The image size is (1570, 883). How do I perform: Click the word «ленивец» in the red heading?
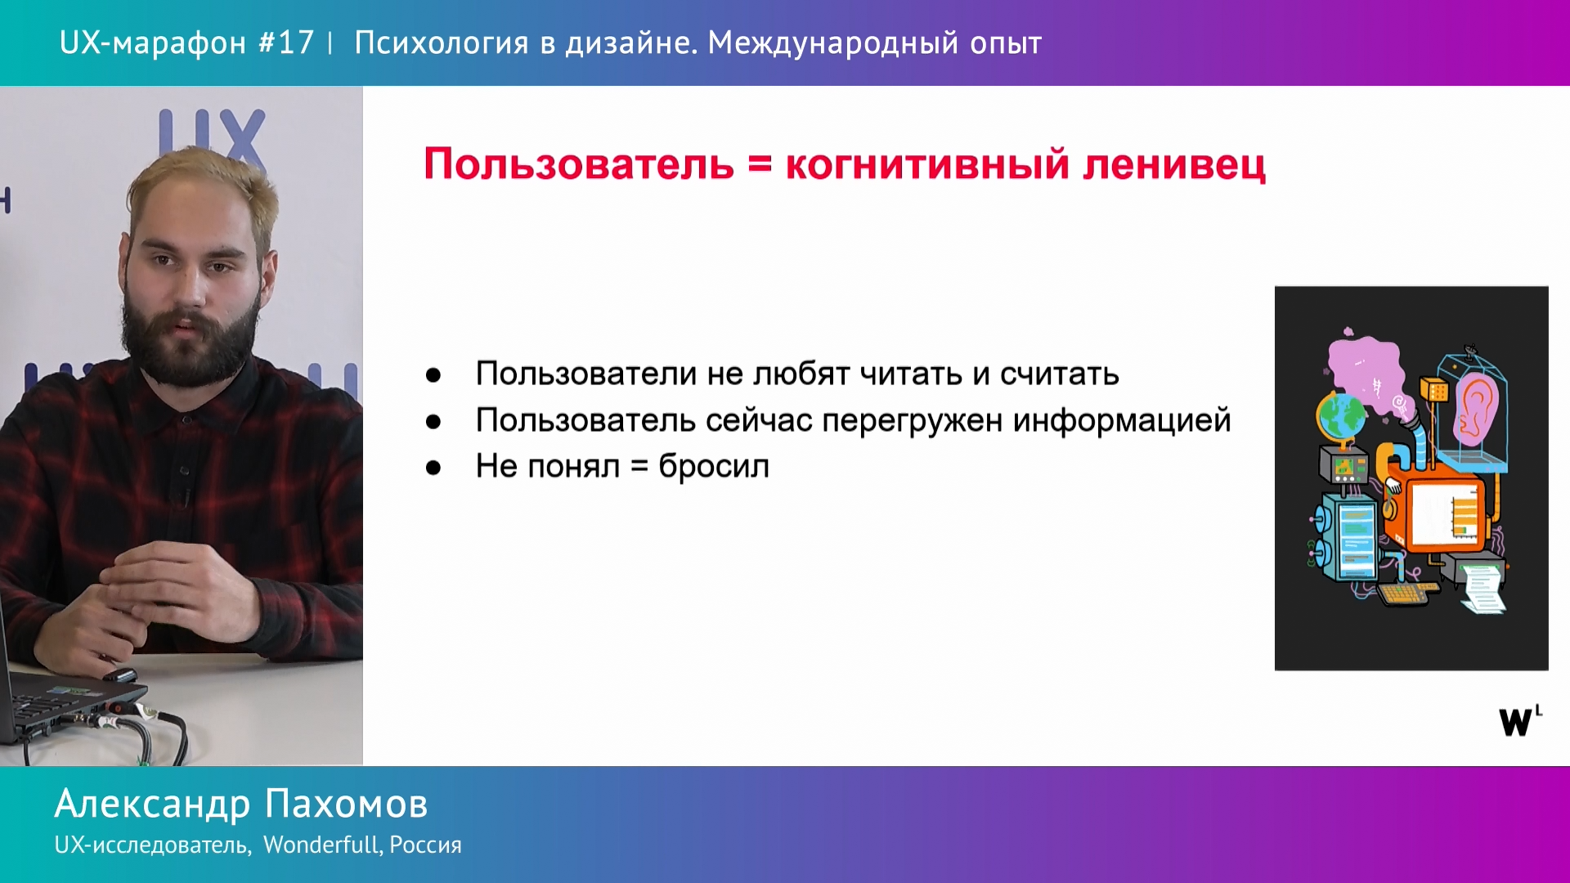click(1174, 164)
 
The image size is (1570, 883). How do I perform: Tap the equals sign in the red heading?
click(760, 164)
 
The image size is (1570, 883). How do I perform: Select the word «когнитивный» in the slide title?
click(927, 164)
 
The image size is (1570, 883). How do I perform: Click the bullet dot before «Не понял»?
click(433, 468)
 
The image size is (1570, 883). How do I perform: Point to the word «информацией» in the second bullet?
click(1122, 420)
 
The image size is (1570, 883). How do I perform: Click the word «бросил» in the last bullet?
click(714, 466)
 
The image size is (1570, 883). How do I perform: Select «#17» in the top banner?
click(286, 43)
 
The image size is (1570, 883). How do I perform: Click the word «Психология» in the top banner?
click(442, 43)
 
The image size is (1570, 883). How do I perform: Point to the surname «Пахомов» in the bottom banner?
click(347, 804)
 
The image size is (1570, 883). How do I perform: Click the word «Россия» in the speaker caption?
click(425, 845)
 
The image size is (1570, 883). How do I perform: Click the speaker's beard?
click(192, 335)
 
